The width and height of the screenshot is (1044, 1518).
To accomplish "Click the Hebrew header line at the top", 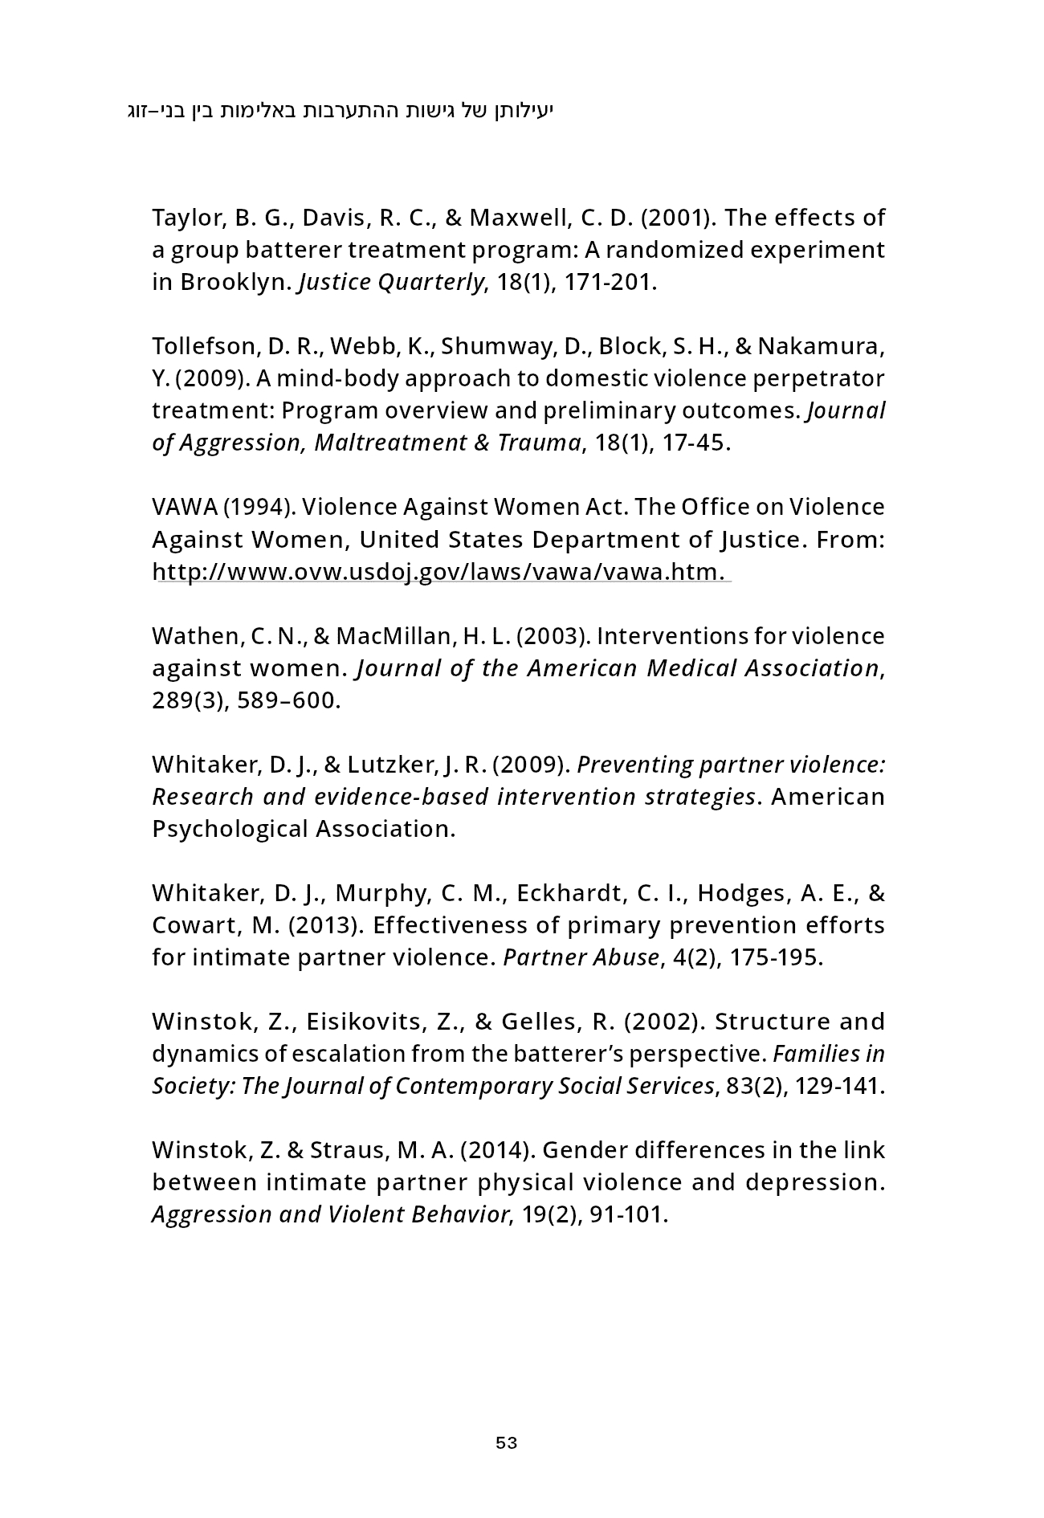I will click(x=341, y=110).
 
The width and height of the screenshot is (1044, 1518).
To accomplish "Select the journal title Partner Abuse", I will click(x=581, y=957).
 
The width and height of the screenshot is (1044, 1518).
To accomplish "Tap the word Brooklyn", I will click(x=233, y=283).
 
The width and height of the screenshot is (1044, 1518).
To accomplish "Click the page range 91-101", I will click(x=628, y=1214).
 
